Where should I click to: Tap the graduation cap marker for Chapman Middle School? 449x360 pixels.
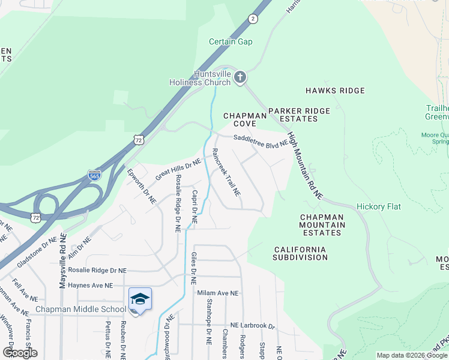(140, 299)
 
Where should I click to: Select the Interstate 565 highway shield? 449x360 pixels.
(94, 175)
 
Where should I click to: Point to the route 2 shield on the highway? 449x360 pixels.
(253, 19)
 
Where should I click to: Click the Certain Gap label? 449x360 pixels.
(231, 42)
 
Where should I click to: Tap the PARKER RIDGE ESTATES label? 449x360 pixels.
(299, 115)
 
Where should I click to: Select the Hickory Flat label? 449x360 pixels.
(379, 206)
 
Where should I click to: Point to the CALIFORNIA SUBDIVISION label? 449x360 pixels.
(300, 253)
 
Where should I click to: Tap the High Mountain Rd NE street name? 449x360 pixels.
(305, 166)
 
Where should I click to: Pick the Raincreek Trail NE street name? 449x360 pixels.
(227, 173)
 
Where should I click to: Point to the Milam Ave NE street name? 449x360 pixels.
(218, 293)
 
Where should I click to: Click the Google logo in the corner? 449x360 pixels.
(20, 353)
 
